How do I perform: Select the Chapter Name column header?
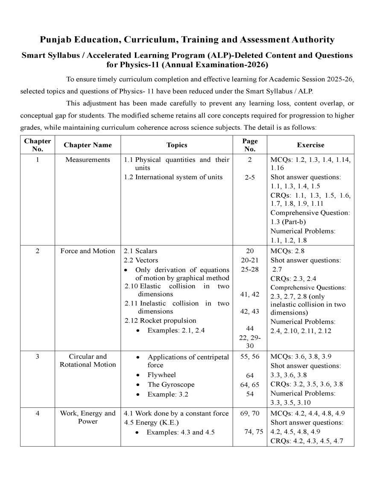[x=88, y=145]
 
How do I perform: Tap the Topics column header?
[x=177, y=145]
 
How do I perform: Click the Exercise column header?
[x=310, y=145]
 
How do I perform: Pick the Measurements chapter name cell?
[x=88, y=160]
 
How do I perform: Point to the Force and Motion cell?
[x=88, y=251]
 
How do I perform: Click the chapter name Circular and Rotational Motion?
[x=88, y=360]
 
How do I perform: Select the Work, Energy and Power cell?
[x=88, y=417]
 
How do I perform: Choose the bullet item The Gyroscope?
[x=171, y=385]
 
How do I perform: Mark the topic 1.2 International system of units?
[x=173, y=177]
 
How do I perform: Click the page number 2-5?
[x=250, y=178]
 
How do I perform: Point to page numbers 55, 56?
[x=250, y=357]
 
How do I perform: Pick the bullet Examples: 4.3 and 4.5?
[x=181, y=432]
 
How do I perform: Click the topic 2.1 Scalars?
[x=140, y=251]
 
